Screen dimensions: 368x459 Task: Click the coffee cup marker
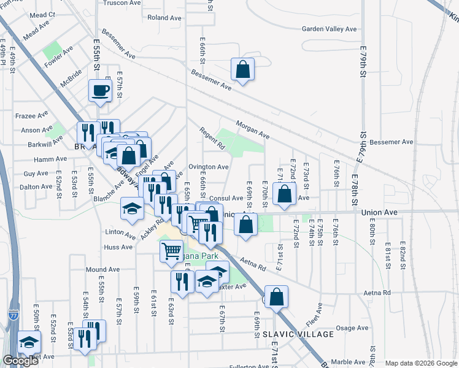click(x=99, y=91)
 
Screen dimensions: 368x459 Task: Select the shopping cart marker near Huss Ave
click(x=171, y=250)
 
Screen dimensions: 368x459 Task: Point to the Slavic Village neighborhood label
click(x=298, y=334)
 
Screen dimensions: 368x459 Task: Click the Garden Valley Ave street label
click(x=329, y=29)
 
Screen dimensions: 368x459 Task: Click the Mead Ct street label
click(x=42, y=14)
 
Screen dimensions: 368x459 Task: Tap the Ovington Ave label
click(x=209, y=166)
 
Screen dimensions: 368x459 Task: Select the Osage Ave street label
click(x=352, y=328)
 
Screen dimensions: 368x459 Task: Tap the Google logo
click(x=20, y=361)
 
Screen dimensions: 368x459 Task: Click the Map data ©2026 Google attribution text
click(x=420, y=362)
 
